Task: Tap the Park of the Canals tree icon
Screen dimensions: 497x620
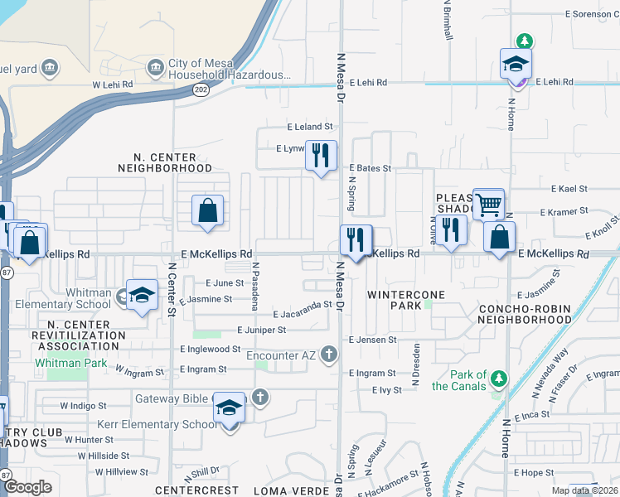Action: (x=498, y=379)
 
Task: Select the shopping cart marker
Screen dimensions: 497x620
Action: (x=488, y=203)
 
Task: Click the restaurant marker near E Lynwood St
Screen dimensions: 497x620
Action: (x=321, y=155)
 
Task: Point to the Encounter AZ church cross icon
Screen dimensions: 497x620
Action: (x=329, y=355)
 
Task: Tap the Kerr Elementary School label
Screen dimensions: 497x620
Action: (x=156, y=424)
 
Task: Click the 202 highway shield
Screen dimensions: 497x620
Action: (x=200, y=91)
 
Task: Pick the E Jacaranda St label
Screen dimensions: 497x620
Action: (x=303, y=314)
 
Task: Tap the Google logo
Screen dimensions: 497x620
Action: (x=27, y=487)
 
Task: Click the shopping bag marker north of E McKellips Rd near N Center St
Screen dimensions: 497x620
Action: (x=207, y=210)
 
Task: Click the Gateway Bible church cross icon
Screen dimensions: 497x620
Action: (x=260, y=397)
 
